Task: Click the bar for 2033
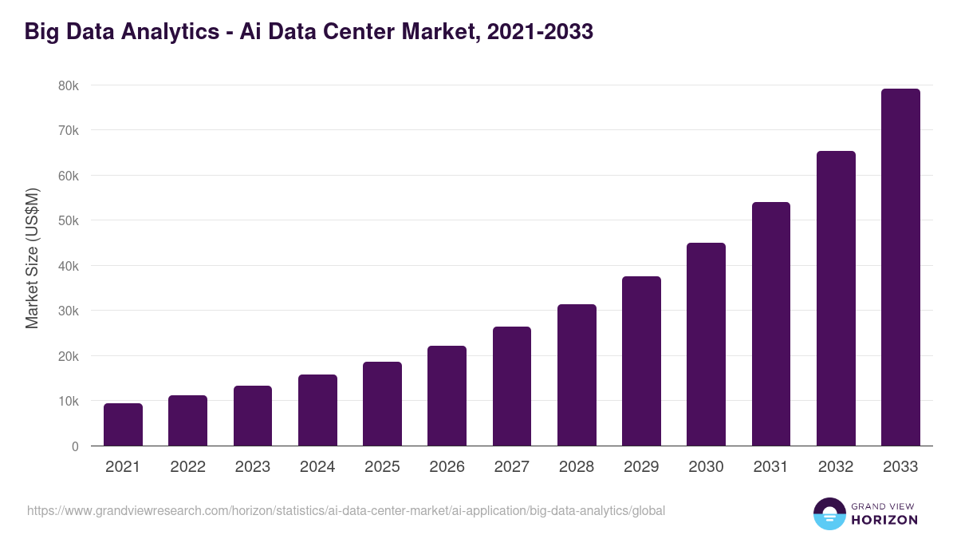(900, 268)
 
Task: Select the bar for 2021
(123, 425)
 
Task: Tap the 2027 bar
(512, 386)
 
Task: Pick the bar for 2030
(706, 344)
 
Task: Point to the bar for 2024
(317, 410)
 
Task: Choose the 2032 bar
(836, 299)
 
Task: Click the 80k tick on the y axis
(68, 85)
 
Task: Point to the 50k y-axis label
(68, 220)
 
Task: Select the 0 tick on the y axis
(74, 446)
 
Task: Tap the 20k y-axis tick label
(68, 356)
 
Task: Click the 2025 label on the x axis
(382, 467)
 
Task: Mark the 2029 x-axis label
(641, 467)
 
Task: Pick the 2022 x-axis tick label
(187, 467)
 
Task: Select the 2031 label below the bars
(771, 467)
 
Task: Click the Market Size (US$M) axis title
(32, 258)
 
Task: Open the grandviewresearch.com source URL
(345, 510)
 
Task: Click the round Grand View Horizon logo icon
(829, 513)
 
